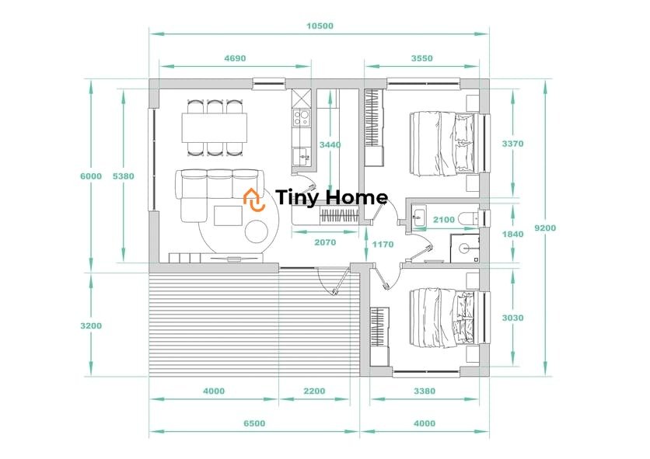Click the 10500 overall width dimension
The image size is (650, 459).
320,26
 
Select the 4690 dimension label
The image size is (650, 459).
235,58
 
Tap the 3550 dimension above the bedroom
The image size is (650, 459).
421,58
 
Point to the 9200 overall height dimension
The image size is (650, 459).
545,228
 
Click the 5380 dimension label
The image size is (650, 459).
124,176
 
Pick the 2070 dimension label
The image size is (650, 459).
325,242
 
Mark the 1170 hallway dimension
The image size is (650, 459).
383,245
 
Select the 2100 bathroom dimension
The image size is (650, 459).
444,220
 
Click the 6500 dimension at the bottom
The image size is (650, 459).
254,423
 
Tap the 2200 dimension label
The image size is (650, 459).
314,391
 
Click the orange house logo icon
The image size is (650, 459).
253,200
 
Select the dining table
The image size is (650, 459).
215,127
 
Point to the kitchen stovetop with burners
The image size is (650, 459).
301,117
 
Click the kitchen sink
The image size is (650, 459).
302,157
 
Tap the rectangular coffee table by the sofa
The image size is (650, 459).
228,216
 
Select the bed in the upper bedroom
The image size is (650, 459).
442,143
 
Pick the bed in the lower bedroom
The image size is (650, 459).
442,318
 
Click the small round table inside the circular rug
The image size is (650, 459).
256,231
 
